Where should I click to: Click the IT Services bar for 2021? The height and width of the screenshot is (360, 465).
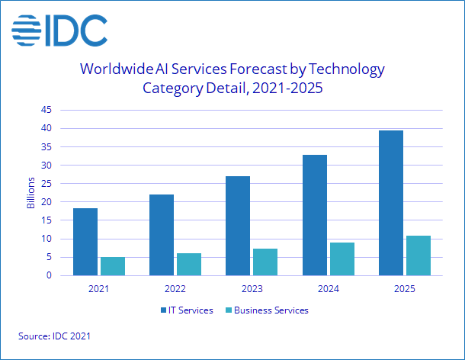(85, 242)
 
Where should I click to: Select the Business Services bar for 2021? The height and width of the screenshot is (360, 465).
(113, 266)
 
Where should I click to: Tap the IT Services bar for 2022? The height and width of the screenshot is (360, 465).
(162, 235)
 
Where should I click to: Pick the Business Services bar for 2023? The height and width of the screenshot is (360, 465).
(265, 262)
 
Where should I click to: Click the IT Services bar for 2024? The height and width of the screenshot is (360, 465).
(314, 215)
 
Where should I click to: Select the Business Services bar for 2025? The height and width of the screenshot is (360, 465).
(418, 256)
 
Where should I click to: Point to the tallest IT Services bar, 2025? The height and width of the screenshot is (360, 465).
(390, 203)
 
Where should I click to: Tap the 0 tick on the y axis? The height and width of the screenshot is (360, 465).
(48, 275)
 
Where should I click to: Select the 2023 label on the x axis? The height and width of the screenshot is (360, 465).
(252, 288)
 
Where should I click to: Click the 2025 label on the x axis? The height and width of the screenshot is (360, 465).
(404, 288)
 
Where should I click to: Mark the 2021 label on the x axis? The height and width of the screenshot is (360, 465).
(99, 288)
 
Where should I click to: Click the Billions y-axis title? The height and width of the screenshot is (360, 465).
(31, 192)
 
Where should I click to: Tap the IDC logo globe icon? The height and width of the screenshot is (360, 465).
(28, 31)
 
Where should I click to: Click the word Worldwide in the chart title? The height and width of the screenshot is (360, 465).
(117, 69)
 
